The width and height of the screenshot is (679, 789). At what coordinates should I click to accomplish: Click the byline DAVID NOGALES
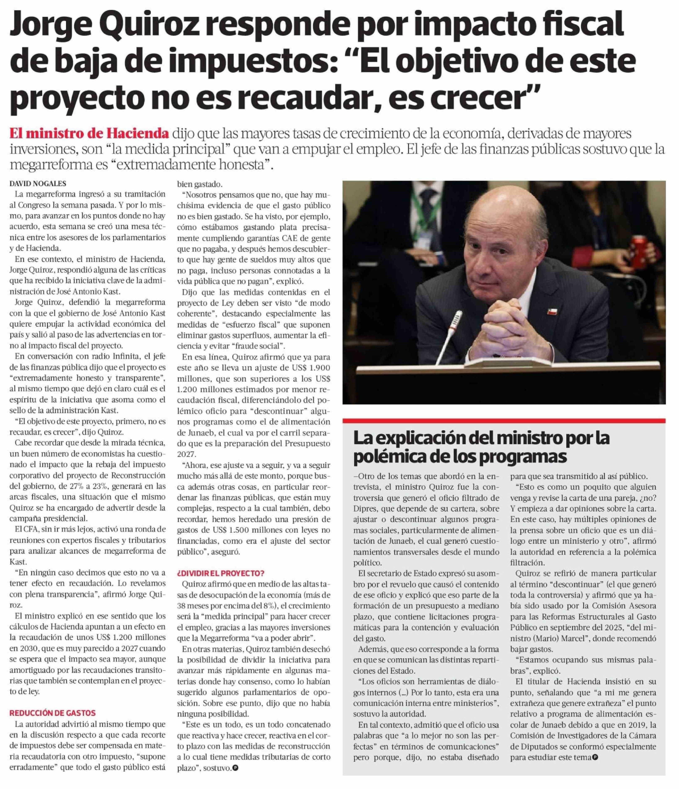[38, 183]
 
